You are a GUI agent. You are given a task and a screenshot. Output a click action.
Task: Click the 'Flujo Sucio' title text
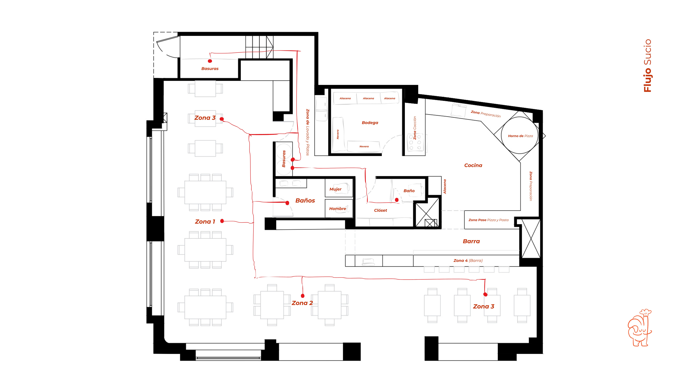[x=648, y=66]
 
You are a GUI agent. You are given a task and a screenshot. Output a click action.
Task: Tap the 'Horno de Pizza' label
[x=520, y=136]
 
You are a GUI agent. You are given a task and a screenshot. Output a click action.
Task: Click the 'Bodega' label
[x=370, y=123]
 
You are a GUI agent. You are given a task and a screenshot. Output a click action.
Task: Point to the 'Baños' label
[x=305, y=201]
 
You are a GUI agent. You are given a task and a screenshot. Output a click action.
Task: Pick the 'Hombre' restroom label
[x=338, y=209]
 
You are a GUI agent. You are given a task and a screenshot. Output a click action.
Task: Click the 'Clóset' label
[x=380, y=211]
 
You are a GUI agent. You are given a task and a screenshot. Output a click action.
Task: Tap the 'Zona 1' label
[x=205, y=222]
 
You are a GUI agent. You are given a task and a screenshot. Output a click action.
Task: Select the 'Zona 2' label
[x=302, y=303]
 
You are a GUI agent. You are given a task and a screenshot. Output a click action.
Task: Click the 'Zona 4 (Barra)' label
[x=468, y=261]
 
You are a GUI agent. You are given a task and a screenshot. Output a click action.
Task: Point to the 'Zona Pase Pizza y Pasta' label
[x=488, y=220]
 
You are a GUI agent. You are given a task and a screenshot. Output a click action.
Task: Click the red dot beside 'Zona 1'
[x=222, y=221]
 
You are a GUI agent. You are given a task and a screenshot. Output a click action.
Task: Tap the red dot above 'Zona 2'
[x=303, y=296]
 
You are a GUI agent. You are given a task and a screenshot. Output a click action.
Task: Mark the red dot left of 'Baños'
[x=287, y=203]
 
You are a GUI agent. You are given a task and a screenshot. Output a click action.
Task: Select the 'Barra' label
[x=471, y=241]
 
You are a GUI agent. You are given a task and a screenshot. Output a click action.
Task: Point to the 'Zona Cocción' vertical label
[x=415, y=128]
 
